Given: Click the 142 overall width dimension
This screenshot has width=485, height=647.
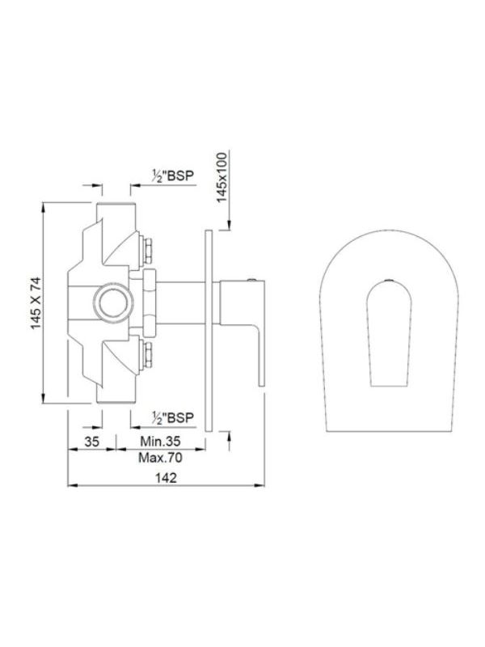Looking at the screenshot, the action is click(x=166, y=477).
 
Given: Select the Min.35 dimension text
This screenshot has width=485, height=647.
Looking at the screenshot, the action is click(x=160, y=441).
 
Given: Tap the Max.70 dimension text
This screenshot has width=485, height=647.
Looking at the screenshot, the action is click(x=160, y=458).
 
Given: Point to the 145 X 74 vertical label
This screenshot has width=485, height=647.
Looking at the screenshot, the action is click(x=36, y=303).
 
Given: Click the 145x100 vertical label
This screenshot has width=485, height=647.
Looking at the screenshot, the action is click(x=222, y=177).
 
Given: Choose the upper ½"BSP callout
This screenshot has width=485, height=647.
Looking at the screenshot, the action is click(x=172, y=175).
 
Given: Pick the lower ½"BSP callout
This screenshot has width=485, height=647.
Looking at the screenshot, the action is click(x=172, y=417).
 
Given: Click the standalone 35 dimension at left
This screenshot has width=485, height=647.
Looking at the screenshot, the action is click(x=92, y=442).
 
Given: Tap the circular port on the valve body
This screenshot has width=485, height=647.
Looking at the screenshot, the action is click(x=112, y=301).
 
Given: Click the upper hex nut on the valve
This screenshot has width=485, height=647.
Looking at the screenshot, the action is click(x=147, y=251).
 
